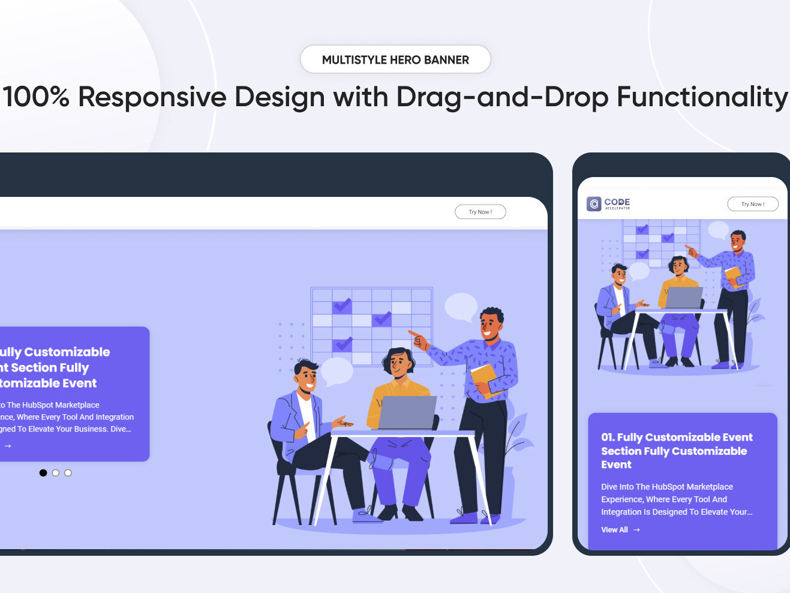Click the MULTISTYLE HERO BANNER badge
click(x=395, y=59)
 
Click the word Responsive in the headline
click(x=152, y=97)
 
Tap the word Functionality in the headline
click(x=702, y=97)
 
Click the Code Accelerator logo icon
click(x=594, y=204)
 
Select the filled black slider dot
click(x=43, y=473)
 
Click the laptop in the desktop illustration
click(x=407, y=412)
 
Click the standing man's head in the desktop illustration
click(x=491, y=324)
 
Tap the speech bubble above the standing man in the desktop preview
click(x=461, y=306)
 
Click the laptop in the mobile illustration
click(x=683, y=298)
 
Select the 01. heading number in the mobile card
click(x=608, y=438)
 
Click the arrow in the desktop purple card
click(x=8, y=446)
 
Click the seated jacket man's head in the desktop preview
click(x=306, y=376)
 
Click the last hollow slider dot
click(x=68, y=473)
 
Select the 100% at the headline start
click(x=36, y=97)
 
